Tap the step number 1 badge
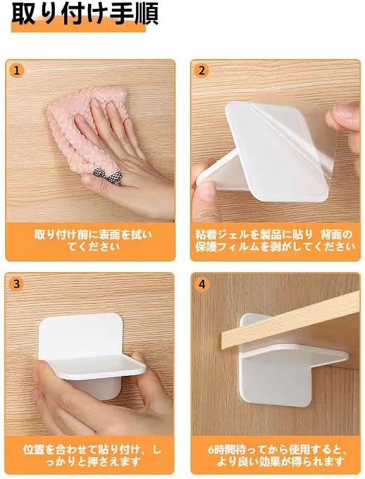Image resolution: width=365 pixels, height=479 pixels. pos(17,71)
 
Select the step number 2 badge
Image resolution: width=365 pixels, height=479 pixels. pos(201,71)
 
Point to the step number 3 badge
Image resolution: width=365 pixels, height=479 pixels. pos(16,284)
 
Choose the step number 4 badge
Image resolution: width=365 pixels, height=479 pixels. pos(202,284)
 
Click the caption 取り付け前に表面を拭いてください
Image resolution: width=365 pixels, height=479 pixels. pos(93,240)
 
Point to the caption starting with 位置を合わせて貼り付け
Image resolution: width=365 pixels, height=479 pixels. pos(92,455)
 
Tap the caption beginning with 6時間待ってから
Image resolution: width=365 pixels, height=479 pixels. pos(278,455)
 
